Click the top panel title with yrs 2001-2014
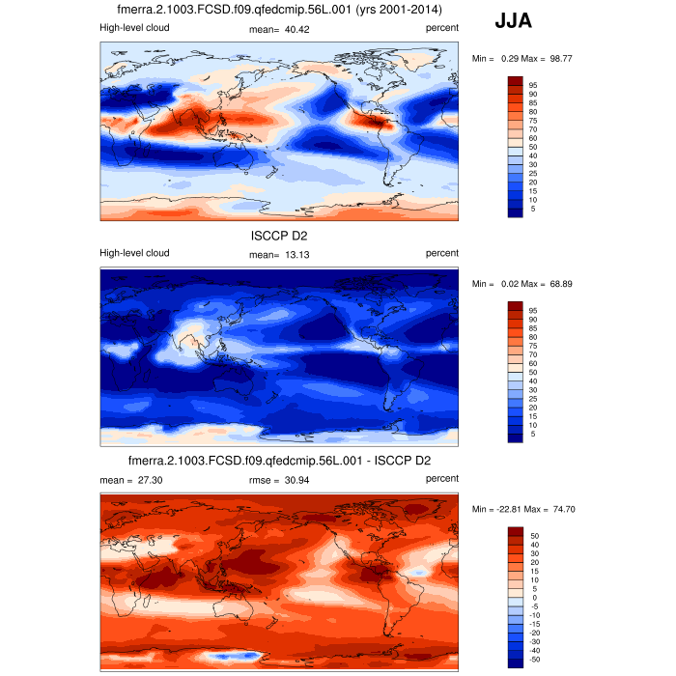coord(279,10)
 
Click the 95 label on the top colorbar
coord(532,85)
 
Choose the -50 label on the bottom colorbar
coord(534,659)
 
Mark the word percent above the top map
coord(442,29)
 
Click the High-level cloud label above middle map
coord(134,254)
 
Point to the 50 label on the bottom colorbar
coord(532,534)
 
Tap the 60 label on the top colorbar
coord(532,138)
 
